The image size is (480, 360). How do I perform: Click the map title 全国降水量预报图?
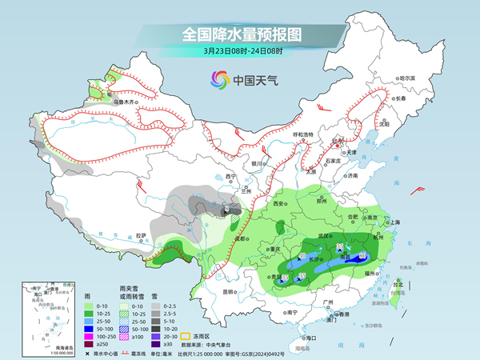(x=240, y=34)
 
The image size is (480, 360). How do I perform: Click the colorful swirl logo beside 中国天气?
(x=218, y=79)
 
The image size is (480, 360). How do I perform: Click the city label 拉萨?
(x=141, y=235)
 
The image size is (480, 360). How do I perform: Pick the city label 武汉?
(x=324, y=236)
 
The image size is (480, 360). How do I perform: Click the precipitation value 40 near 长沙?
(x=302, y=256)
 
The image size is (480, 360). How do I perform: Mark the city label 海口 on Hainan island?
(x=306, y=339)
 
